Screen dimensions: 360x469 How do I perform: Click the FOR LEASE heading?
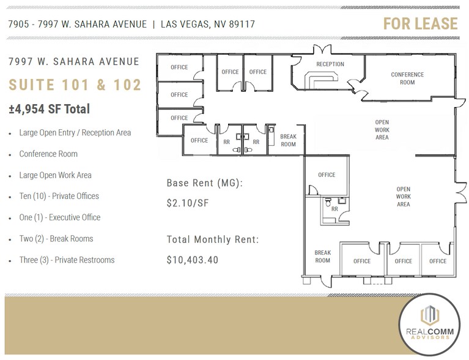tap(420, 24)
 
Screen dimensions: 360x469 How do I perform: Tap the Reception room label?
tap(330, 64)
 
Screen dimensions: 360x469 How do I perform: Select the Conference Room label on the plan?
tap(407, 78)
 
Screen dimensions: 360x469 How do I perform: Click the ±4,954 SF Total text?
tap(50, 109)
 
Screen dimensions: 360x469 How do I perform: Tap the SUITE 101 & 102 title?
tap(75, 84)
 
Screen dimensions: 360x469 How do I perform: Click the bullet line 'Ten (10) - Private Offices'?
tap(59, 196)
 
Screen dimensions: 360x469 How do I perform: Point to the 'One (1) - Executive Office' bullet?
tap(59, 217)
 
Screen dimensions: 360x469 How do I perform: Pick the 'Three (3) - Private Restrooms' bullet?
tap(67, 260)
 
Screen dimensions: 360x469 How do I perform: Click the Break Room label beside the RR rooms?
tap(288, 140)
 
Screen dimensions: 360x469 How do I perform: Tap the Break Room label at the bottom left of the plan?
tap(322, 256)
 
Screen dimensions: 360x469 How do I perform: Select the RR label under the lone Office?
tap(334, 208)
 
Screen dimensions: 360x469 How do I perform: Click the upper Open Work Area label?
tap(382, 130)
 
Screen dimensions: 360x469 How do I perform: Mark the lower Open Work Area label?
tap(403, 197)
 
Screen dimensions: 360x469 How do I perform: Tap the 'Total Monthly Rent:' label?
tap(212, 239)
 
